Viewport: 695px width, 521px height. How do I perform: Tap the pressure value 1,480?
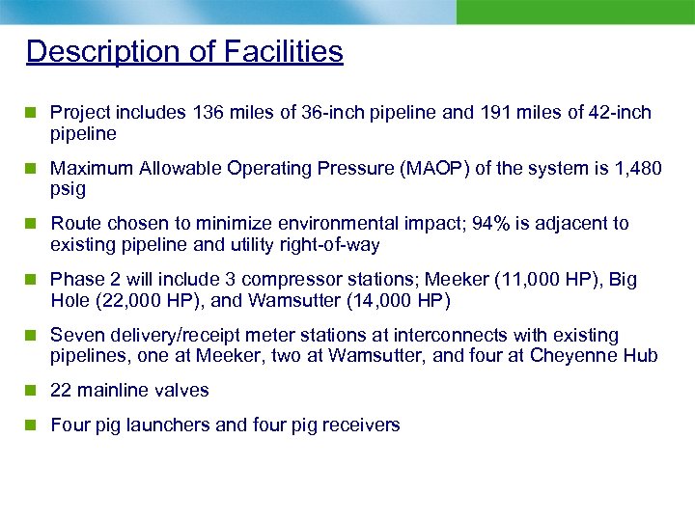638,169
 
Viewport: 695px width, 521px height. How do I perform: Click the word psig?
68,189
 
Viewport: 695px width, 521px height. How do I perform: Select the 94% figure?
501,224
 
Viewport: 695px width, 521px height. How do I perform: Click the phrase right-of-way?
331,245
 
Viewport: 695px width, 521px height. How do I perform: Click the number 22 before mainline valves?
60,391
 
